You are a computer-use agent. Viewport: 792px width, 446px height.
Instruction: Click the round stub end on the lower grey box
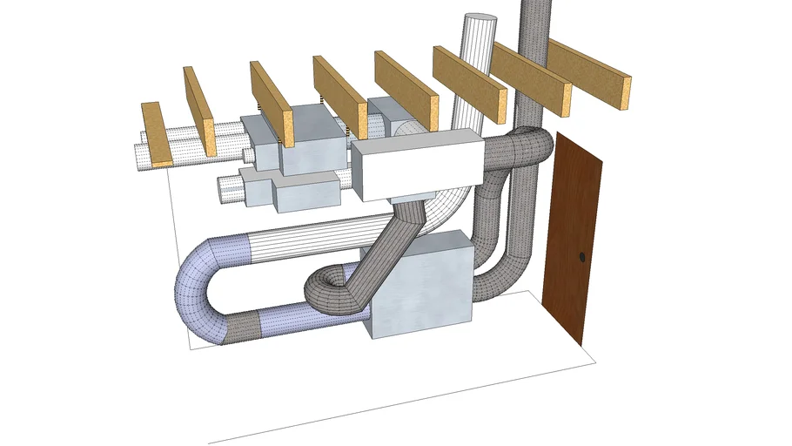coord(228,187)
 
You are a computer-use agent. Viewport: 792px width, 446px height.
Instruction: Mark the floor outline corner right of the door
coord(596,358)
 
